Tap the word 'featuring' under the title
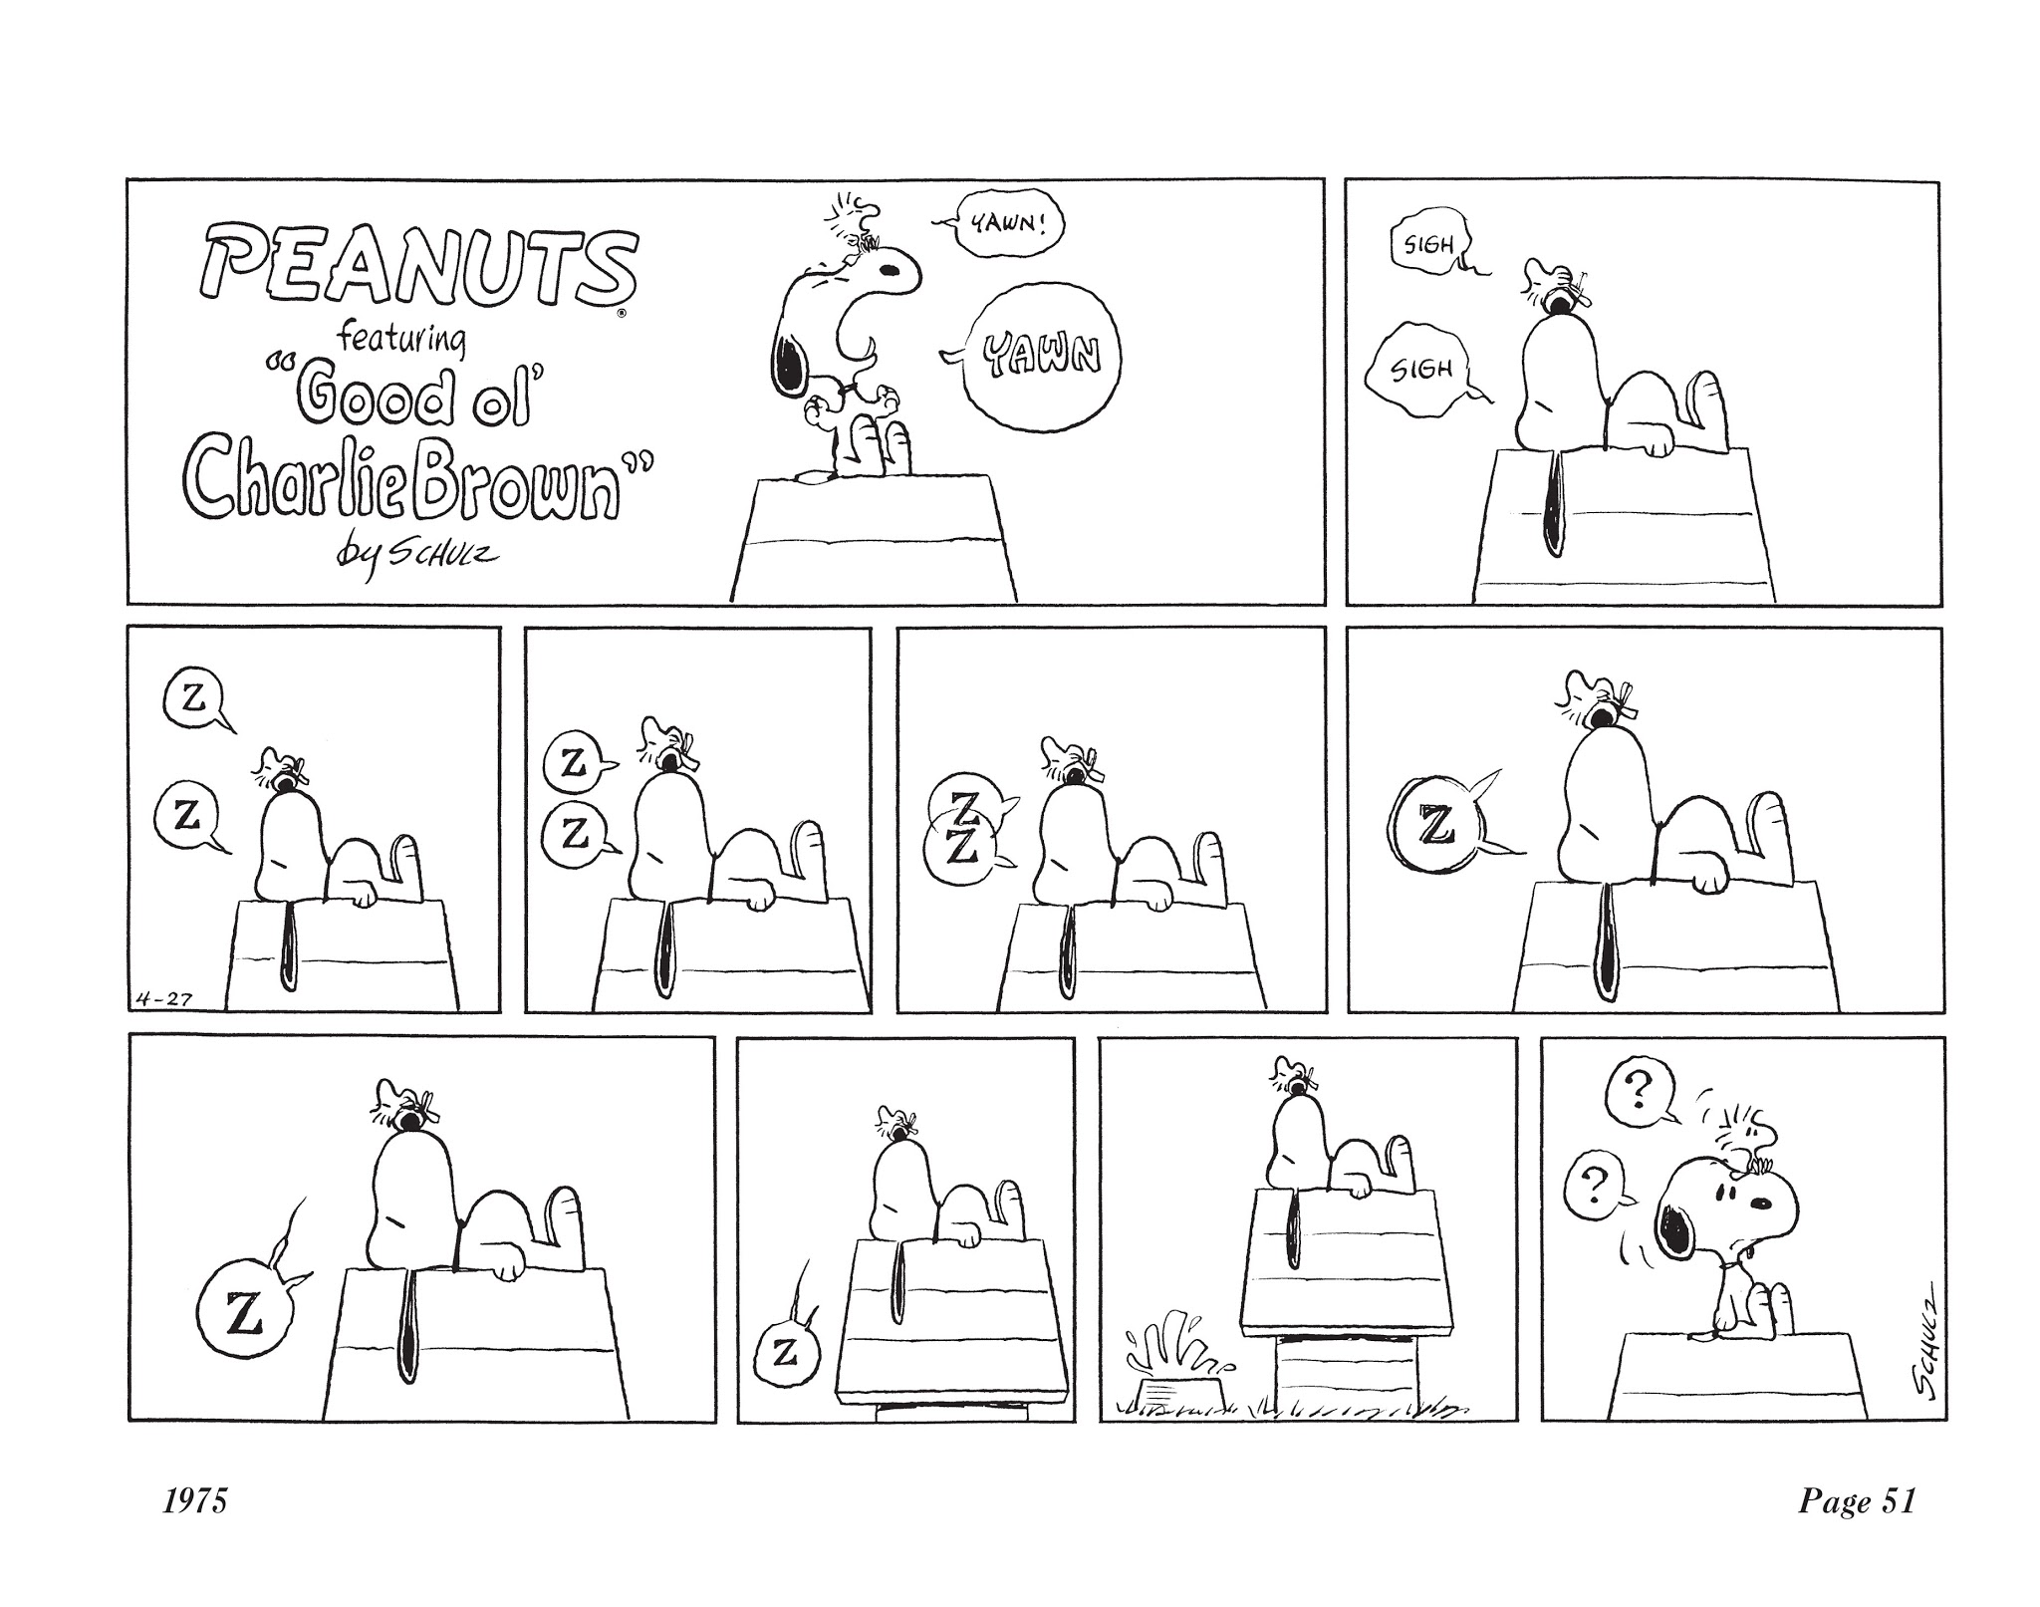click(x=401, y=339)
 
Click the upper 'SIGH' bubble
click(x=1427, y=244)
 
